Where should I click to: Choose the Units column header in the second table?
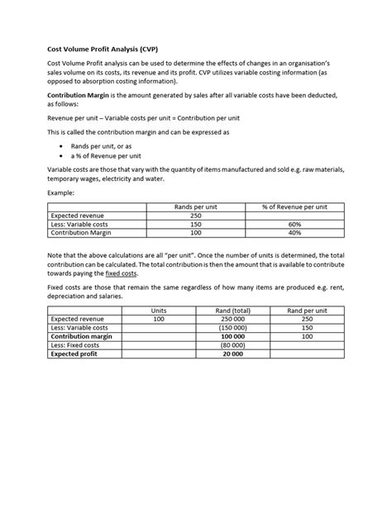[x=158, y=310]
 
